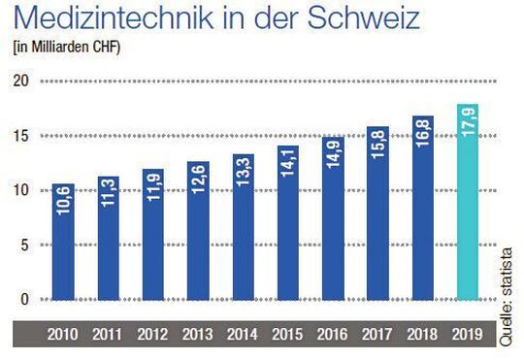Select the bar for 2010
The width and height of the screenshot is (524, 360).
click(x=64, y=242)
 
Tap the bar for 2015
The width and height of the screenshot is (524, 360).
click(x=287, y=222)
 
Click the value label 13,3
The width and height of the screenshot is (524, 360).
click(x=243, y=175)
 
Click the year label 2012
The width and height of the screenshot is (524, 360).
click(x=153, y=335)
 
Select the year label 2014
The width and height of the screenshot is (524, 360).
click(x=243, y=335)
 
